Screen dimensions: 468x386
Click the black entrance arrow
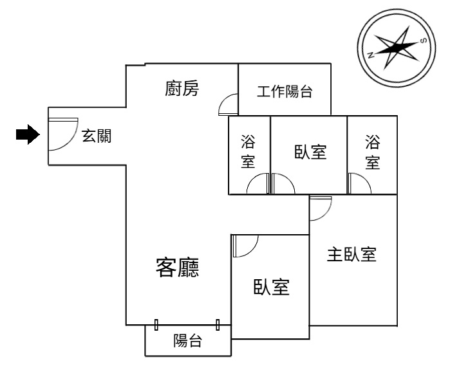pos(28,134)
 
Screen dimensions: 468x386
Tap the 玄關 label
pos(97,136)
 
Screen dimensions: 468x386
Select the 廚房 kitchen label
pos(182,88)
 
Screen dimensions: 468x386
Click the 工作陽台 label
pos(285,91)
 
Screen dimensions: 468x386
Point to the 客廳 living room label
pos(177,267)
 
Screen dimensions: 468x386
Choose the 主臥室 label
pos(351,255)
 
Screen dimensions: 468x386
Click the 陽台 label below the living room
pos(188,340)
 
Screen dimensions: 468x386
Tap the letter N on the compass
pos(371,55)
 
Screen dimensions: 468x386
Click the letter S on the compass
pos(423,41)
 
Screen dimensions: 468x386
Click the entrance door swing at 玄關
pos(63,134)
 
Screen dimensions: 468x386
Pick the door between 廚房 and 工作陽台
pos(229,104)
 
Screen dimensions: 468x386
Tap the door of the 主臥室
pos(321,208)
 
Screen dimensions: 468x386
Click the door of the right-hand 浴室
pos(359,183)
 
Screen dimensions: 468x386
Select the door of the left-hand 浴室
pos(258,183)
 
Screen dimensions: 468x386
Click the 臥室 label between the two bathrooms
pos(310,152)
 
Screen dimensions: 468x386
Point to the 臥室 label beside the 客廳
pos(271,287)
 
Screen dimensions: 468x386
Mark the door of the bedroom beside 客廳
pos(245,246)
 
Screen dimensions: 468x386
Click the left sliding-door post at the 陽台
pos(156,324)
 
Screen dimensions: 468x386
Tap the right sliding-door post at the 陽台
pos(218,324)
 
